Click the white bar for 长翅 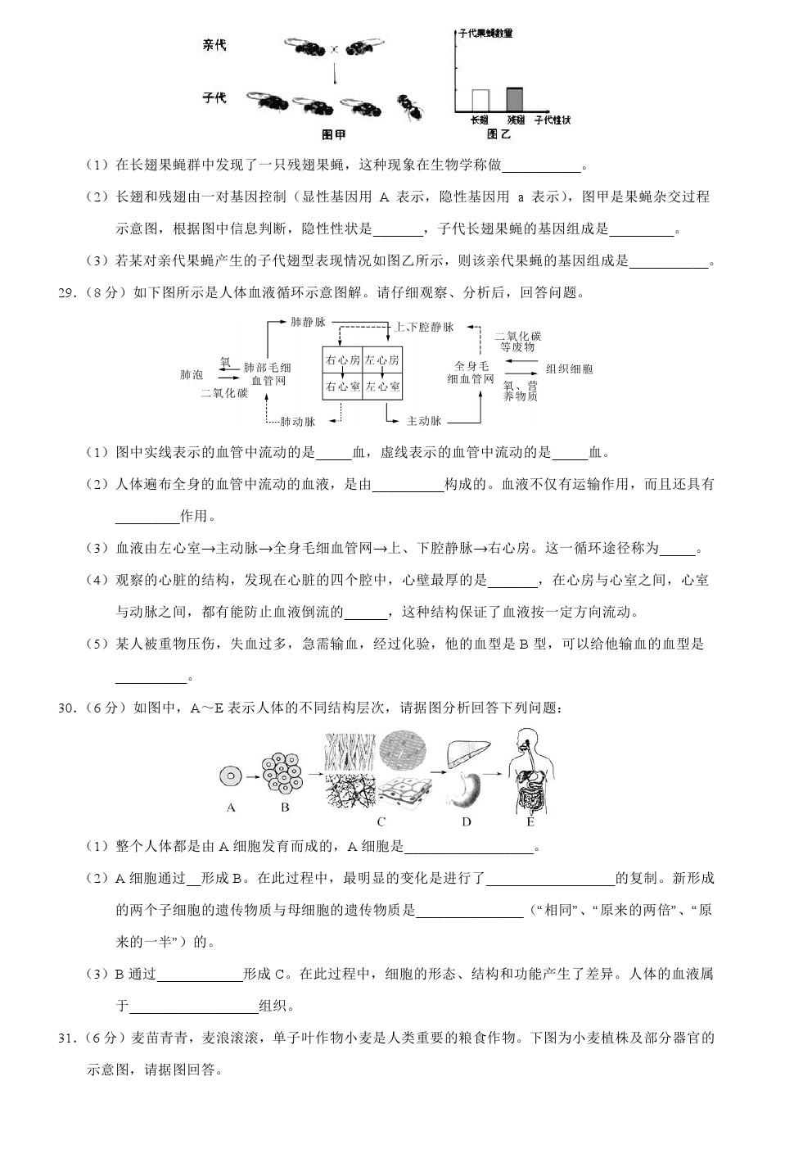(480, 99)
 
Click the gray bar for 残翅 (514, 98)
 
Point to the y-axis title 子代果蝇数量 (485, 34)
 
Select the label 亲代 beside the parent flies (214, 45)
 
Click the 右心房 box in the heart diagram (342, 360)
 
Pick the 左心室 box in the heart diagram (382, 387)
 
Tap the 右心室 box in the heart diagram (342, 387)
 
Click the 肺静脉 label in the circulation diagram (309, 322)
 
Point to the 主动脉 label (424, 421)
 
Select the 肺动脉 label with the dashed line (297, 422)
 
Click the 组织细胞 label (569, 369)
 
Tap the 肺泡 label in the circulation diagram (192, 375)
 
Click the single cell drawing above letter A (231, 776)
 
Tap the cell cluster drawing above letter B (282, 772)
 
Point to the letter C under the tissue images (381, 821)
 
